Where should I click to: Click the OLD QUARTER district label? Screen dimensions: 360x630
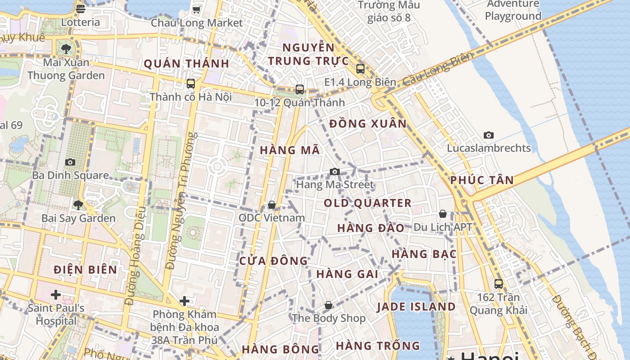368,203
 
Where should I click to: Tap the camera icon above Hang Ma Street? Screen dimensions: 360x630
334,171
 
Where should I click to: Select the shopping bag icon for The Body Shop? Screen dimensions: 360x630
328,305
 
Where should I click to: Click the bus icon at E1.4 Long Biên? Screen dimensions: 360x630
360,69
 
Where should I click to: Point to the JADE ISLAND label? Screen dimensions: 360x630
416,307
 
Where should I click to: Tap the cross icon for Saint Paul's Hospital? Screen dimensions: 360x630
56,295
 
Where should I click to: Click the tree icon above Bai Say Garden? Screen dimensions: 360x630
78,205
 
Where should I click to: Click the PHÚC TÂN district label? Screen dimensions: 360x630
482,180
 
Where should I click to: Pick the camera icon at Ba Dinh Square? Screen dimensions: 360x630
70,162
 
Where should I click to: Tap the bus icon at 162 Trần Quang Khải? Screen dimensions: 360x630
498,284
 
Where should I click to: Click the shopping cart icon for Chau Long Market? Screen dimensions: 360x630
196,9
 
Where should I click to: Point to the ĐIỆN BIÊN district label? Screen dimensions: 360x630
85,270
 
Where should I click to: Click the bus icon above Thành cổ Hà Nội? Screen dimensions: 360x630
191,84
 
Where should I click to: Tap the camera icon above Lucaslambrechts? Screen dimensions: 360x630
488,135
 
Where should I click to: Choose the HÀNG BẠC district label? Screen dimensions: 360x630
424,254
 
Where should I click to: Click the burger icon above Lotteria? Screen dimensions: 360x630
81,9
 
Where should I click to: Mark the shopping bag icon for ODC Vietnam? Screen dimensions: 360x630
271,205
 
